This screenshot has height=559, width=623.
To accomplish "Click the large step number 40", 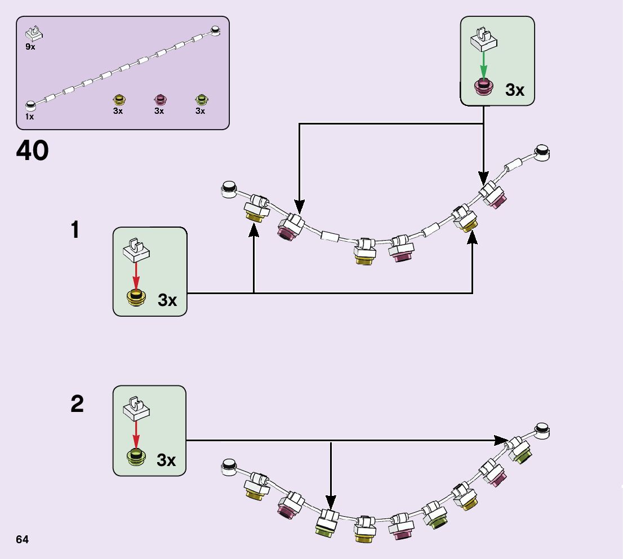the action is [x=32, y=150].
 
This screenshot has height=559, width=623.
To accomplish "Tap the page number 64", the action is [x=23, y=539].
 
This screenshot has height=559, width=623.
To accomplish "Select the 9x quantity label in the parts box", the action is [x=30, y=47].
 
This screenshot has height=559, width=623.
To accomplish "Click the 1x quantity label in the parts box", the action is [x=29, y=117].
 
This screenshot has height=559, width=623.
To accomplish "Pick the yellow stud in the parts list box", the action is [x=119, y=99].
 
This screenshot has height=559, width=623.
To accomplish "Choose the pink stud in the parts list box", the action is [x=160, y=99].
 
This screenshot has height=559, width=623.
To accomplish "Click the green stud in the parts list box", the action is [x=202, y=99].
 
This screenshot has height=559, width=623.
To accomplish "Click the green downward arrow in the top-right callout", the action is [x=483, y=65].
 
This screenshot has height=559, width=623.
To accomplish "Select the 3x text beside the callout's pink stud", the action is [x=514, y=90].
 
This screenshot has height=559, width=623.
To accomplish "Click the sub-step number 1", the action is [x=75, y=230].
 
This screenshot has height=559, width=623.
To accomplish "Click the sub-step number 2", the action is [x=77, y=403].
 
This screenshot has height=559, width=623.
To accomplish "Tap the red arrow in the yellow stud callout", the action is [x=136, y=276].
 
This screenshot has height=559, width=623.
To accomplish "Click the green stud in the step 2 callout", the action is [x=136, y=457].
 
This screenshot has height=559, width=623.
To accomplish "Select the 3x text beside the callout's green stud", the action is [x=166, y=460].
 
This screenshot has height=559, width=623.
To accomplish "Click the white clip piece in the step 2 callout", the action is [x=136, y=409].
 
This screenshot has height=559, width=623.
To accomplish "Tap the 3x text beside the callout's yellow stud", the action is [x=167, y=300].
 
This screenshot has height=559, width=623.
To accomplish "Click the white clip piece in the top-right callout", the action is [x=483, y=39].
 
